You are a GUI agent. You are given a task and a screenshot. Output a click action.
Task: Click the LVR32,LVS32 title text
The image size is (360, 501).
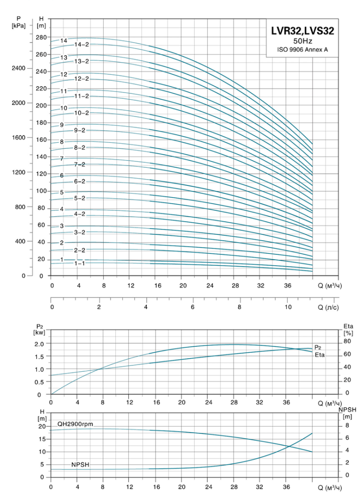(302, 31)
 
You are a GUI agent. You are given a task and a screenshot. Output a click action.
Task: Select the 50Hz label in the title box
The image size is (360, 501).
(302, 41)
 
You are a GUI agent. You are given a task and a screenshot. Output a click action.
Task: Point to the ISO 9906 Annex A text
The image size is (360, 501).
(302, 49)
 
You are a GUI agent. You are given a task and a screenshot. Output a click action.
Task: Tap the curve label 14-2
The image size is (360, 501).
(82, 45)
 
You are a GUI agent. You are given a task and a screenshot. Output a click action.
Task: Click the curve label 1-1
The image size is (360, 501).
(80, 263)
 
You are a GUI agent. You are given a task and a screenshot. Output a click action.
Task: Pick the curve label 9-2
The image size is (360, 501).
(80, 130)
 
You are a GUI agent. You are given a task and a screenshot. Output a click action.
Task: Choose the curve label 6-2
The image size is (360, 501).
(80, 182)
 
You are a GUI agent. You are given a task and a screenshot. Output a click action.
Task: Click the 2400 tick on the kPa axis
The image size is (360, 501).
(19, 68)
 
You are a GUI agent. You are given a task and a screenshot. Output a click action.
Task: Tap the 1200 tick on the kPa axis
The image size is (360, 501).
(19, 172)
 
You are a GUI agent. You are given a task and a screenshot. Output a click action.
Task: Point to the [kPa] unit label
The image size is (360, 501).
(19, 26)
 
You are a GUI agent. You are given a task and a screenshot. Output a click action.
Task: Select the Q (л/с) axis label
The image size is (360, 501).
(328, 307)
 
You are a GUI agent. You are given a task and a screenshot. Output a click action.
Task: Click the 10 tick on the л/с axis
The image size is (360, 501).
(288, 307)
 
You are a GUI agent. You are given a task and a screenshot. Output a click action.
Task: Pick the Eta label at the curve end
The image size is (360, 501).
(320, 355)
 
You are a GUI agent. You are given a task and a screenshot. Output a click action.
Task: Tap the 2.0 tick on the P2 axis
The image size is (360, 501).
(42, 343)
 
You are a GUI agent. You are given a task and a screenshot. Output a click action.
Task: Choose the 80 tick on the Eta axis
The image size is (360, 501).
(347, 341)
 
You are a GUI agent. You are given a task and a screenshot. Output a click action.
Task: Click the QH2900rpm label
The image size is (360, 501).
(75, 424)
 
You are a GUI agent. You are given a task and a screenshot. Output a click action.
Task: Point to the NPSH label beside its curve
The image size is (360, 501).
(81, 465)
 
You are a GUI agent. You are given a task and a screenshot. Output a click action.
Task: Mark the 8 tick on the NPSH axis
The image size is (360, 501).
(347, 426)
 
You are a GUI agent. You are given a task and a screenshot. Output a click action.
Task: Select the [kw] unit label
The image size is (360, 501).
(39, 332)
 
